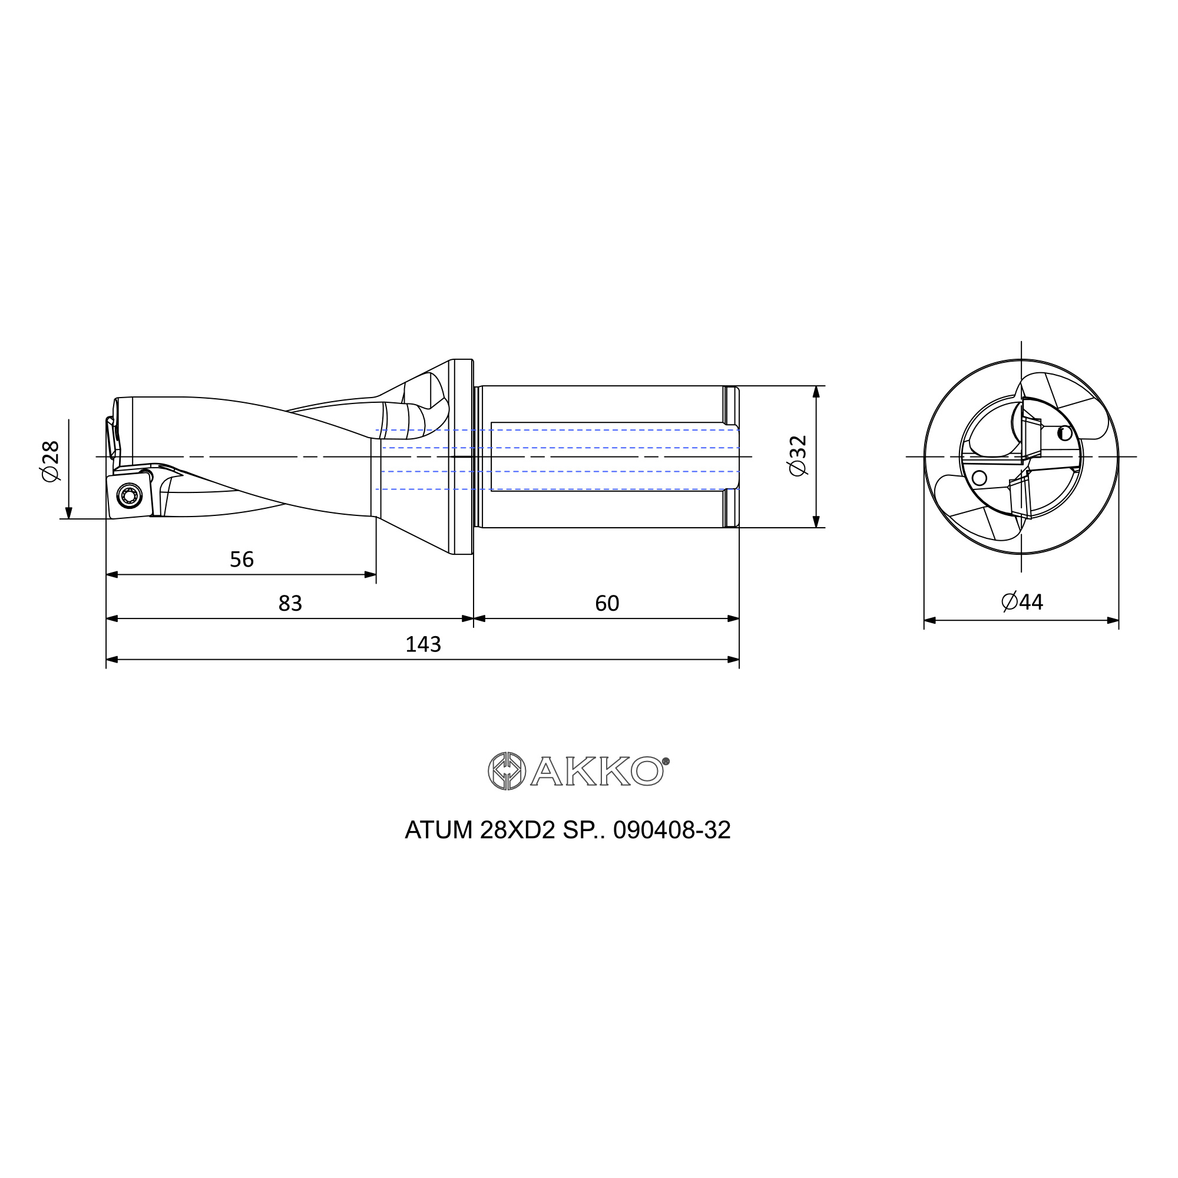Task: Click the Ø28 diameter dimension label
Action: coord(51,461)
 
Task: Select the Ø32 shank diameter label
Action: coord(798,455)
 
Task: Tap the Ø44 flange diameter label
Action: coord(1023,602)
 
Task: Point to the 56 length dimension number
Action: coord(241,559)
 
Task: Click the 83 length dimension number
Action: coord(290,603)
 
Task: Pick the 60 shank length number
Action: coord(607,603)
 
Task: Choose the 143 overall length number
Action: coord(423,644)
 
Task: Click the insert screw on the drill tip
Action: coord(128,495)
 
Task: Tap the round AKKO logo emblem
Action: coord(507,772)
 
